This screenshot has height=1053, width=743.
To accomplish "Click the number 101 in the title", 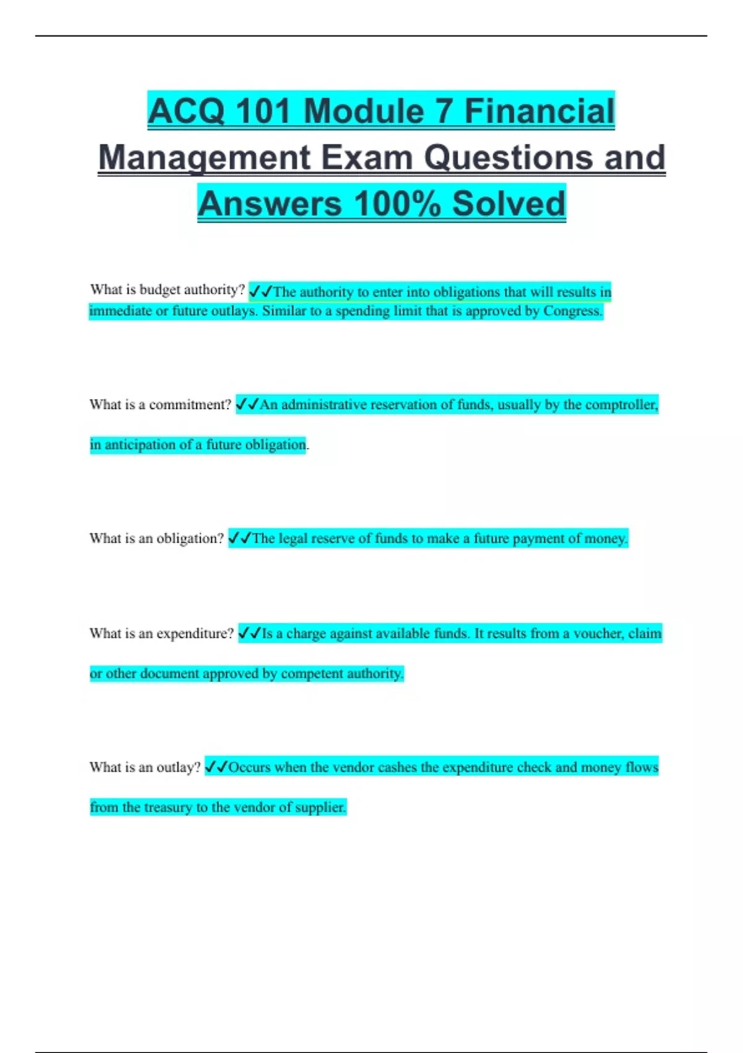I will pyautogui.click(x=264, y=111).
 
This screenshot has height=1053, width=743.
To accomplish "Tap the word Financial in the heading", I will pyautogui.click(x=539, y=111).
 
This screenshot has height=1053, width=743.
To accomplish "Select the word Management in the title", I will pyautogui.click(x=204, y=158).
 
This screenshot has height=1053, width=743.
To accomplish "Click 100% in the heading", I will pyautogui.click(x=398, y=204).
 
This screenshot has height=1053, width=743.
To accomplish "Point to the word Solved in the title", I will pyautogui.click(x=508, y=204).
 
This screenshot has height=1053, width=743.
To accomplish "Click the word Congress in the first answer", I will pyautogui.click(x=572, y=311).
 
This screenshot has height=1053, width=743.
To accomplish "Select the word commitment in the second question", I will pyautogui.click(x=189, y=404).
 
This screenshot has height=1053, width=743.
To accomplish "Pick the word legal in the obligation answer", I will pyautogui.click(x=293, y=538).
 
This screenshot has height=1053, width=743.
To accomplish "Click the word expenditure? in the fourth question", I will pyautogui.click(x=195, y=633).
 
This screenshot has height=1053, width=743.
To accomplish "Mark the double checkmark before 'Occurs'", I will pyautogui.click(x=216, y=767).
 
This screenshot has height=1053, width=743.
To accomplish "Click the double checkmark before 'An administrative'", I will pyautogui.click(x=247, y=404).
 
